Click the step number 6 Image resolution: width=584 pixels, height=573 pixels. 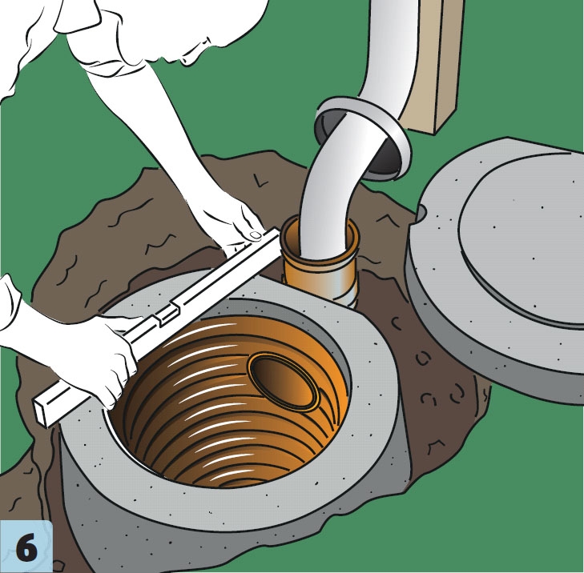tap(26, 547)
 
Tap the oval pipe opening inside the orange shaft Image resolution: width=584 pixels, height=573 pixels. tap(284, 382)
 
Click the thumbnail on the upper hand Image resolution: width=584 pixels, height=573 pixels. tap(256, 234)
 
